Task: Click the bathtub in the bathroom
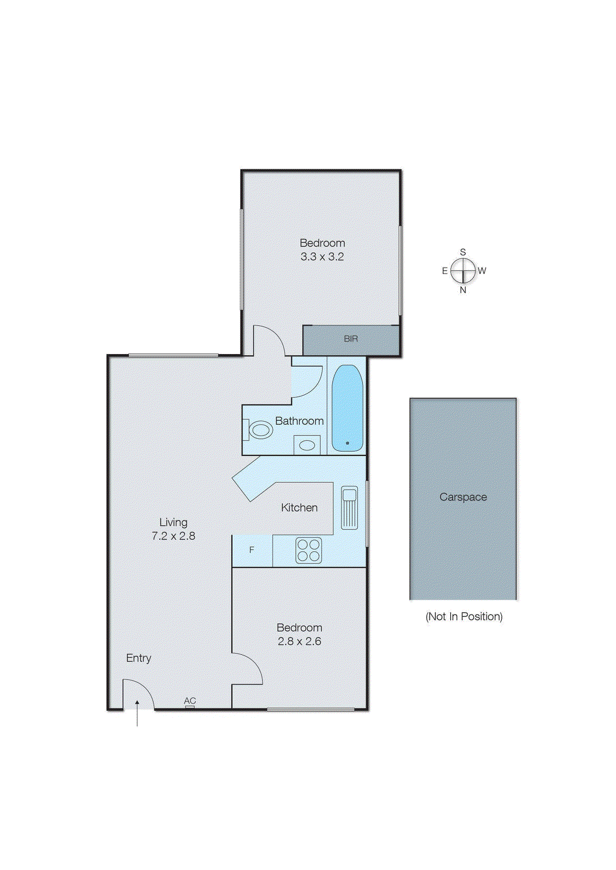tap(347, 408)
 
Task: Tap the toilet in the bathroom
tap(260, 430)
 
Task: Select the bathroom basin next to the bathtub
tap(307, 445)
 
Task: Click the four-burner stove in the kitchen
tap(308, 550)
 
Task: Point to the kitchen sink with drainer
tap(350, 508)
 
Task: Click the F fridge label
tap(252, 550)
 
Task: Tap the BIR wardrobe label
tap(351, 339)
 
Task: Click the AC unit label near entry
tap(190, 701)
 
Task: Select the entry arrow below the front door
tap(137, 713)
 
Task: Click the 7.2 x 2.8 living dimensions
tap(173, 536)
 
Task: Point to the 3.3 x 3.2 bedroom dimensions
tap(322, 257)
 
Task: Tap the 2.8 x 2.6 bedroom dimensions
tap(300, 642)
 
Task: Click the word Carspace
tap(463, 497)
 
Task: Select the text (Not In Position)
tap(464, 617)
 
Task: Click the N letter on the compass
tap(463, 290)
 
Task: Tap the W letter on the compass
tap(482, 270)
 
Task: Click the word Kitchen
tap(300, 508)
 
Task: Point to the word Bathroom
tap(300, 421)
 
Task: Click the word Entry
tap(139, 658)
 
